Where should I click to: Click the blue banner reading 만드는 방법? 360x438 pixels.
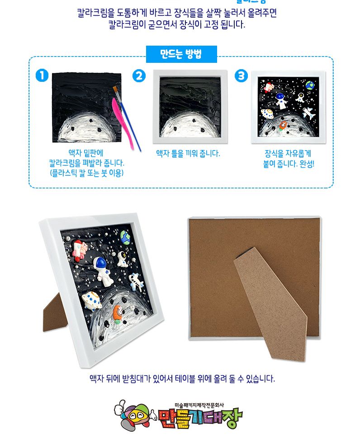[x=181, y=55]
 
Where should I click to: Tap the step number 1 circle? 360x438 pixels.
[x=42, y=76]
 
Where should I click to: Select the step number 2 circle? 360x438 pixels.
[x=139, y=76]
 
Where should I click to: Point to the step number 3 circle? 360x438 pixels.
[x=242, y=76]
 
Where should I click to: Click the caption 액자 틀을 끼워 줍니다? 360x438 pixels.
[x=188, y=154]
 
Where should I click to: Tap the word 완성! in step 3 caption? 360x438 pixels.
[x=306, y=164]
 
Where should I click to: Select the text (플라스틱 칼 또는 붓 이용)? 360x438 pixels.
[x=86, y=173]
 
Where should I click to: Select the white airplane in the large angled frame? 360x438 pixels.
[x=136, y=282]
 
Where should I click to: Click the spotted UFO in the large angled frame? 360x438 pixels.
[x=92, y=300]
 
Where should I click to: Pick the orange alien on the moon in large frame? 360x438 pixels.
[x=118, y=313]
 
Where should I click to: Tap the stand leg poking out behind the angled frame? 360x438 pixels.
[x=54, y=312]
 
